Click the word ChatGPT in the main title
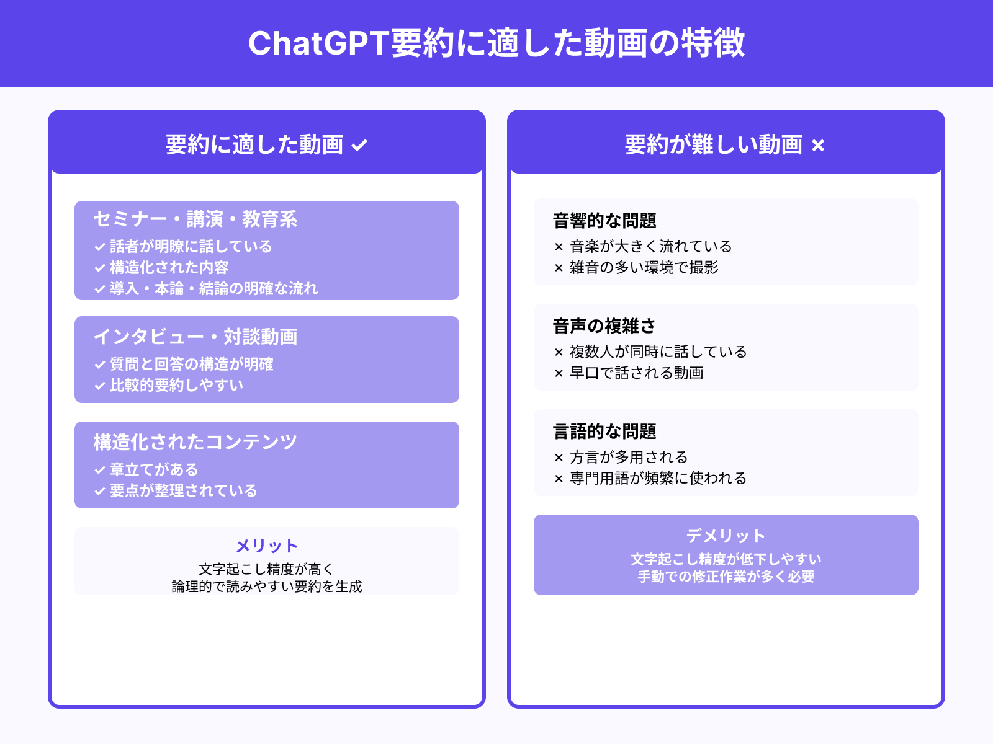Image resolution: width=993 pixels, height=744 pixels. [x=318, y=43]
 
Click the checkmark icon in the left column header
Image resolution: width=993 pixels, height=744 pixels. [x=360, y=146]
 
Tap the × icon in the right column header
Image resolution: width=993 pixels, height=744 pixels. [x=818, y=146]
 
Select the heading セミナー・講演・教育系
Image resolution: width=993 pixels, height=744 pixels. [x=195, y=219]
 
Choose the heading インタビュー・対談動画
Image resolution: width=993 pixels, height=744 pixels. [x=195, y=337]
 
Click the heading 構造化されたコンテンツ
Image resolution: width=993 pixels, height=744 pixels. [x=195, y=442]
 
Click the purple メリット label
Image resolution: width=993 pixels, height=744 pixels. [x=267, y=546]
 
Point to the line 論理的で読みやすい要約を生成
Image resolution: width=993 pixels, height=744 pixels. [x=267, y=587]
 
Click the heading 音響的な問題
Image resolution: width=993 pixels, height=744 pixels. [x=604, y=221]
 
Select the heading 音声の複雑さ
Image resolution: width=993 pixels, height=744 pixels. [x=604, y=326]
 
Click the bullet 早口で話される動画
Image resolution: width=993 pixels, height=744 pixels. [x=636, y=373]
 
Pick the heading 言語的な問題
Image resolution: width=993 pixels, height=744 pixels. [x=604, y=432]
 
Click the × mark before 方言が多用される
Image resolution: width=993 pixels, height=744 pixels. [x=559, y=458]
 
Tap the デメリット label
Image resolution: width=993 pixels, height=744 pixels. [x=726, y=536]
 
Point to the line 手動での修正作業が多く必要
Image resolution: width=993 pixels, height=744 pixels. [x=726, y=577]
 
